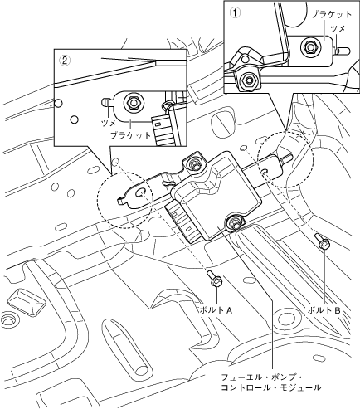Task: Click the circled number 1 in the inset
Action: click(x=236, y=12)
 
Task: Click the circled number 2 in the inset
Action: click(x=66, y=61)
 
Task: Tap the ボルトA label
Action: click(x=216, y=310)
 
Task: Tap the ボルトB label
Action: click(x=324, y=310)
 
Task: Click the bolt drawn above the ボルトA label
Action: click(x=215, y=279)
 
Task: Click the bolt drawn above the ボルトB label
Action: click(x=322, y=241)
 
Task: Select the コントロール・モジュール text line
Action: click(x=271, y=387)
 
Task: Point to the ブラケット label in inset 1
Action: click(x=331, y=14)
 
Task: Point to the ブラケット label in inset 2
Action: click(x=131, y=135)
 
